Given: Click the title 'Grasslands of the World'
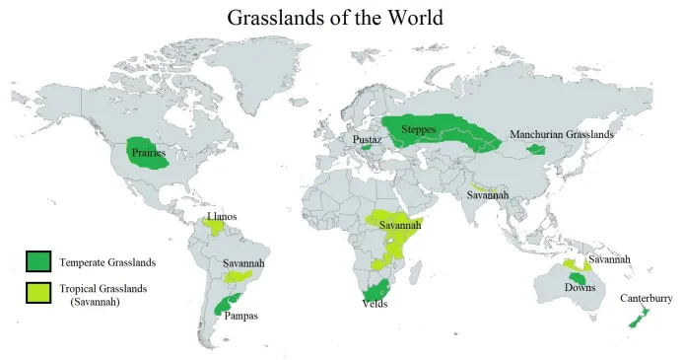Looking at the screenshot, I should pos(335,17).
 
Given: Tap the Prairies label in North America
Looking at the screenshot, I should pos(148,154).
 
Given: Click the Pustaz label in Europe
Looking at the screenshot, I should pos(367,140).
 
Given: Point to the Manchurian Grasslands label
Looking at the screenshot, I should pos(561,134).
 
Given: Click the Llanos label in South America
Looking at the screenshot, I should pos(222,216).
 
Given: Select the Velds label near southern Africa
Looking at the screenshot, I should pos(376,305).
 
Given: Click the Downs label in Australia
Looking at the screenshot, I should pos(579,287).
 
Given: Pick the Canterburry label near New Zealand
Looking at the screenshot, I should pos(646,298).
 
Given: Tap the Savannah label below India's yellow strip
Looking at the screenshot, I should pos(488,195).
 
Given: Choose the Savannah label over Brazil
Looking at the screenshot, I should pos(242,264).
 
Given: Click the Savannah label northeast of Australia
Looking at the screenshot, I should pos(608,259).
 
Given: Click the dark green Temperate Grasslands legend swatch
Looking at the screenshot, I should pos(38,261).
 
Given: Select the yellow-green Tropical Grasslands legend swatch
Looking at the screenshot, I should pos(38,292).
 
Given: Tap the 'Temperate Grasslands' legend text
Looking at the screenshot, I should pos(107,262).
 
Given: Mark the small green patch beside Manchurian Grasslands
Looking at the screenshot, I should pos(536,150).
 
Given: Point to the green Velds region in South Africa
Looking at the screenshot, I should pos(376,291).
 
